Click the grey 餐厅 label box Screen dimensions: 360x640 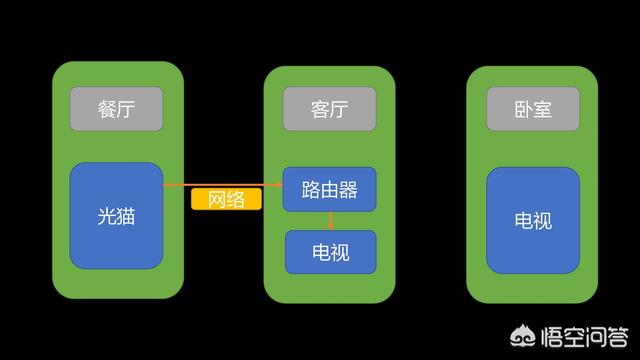116,108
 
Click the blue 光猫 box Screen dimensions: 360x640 116,216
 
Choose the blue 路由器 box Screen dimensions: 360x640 330,189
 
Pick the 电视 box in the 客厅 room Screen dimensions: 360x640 331,252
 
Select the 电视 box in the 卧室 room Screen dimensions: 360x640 533,220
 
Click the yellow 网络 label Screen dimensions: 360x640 226,199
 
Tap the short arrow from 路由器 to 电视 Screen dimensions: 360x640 331,221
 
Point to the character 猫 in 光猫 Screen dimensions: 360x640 127,216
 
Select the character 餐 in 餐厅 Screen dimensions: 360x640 106,108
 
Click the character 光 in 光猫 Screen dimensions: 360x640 106,216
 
